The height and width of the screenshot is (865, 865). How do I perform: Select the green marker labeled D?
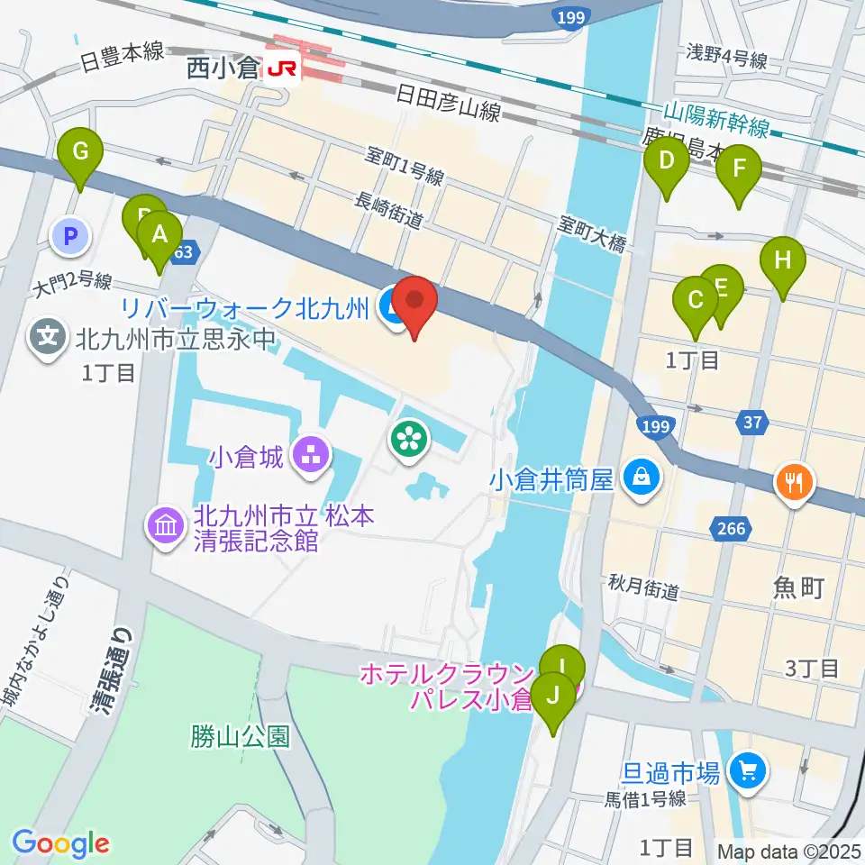click(667, 163)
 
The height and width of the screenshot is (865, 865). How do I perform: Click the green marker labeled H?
click(783, 262)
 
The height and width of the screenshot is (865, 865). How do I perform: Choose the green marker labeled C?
click(696, 301)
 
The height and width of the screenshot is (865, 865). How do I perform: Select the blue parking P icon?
click(72, 238)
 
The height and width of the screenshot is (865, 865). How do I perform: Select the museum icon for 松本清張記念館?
click(167, 527)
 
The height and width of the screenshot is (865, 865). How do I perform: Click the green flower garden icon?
click(409, 439)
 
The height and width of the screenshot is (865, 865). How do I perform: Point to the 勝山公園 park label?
click(240, 736)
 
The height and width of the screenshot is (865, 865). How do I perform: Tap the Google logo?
click(60, 843)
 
